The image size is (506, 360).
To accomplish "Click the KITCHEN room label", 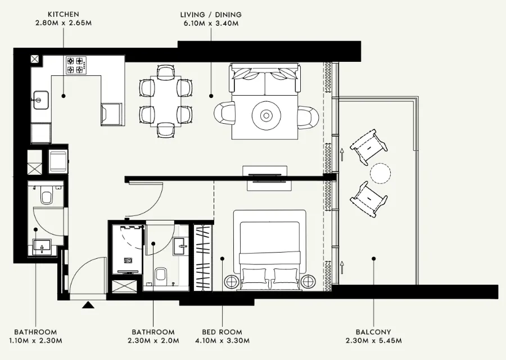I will [x=63, y=13].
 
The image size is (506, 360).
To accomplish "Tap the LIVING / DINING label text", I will [x=211, y=13].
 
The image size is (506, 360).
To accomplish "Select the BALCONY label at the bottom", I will [x=373, y=332].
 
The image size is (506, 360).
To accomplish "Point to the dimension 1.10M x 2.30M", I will [x=35, y=341].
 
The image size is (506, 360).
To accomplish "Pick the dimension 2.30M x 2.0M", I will [x=153, y=341].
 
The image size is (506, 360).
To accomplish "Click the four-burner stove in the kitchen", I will [x=77, y=65].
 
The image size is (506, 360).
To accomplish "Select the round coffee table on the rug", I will [x=266, y=115].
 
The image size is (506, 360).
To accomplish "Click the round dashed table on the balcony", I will [x=380, y=172].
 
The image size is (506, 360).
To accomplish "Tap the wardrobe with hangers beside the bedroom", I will [x=203, y=257].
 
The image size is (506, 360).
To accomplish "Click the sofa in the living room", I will [x=264, y=80].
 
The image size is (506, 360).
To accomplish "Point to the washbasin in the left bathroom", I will [x=40, y=246].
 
